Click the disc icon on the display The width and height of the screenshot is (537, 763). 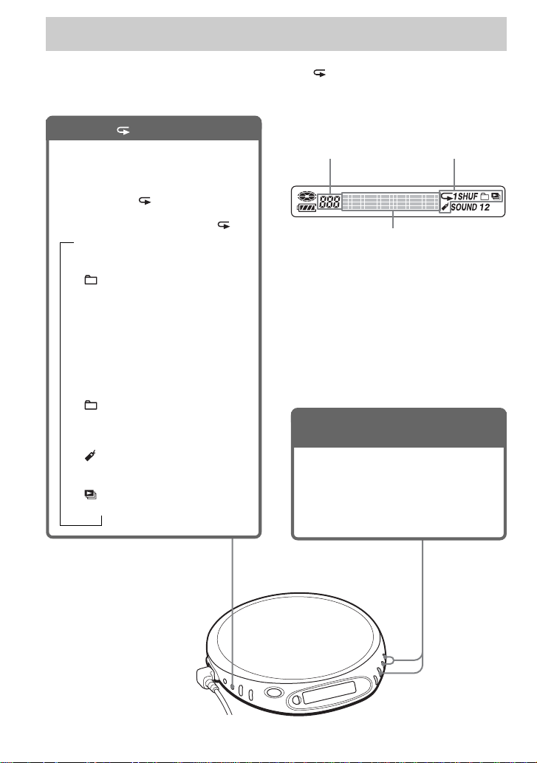(307, 196)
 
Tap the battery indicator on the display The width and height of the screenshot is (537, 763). (307, 208)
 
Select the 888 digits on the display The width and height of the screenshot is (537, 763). (329, 202)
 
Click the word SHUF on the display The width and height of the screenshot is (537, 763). (468, 196)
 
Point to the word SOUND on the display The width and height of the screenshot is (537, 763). (464, 208)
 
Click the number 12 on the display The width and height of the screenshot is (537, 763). (485, 208)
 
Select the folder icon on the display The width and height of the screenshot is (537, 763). (485, 196)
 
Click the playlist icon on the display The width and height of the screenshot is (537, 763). (496, 196)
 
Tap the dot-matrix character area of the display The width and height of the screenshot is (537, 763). (390, 202)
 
